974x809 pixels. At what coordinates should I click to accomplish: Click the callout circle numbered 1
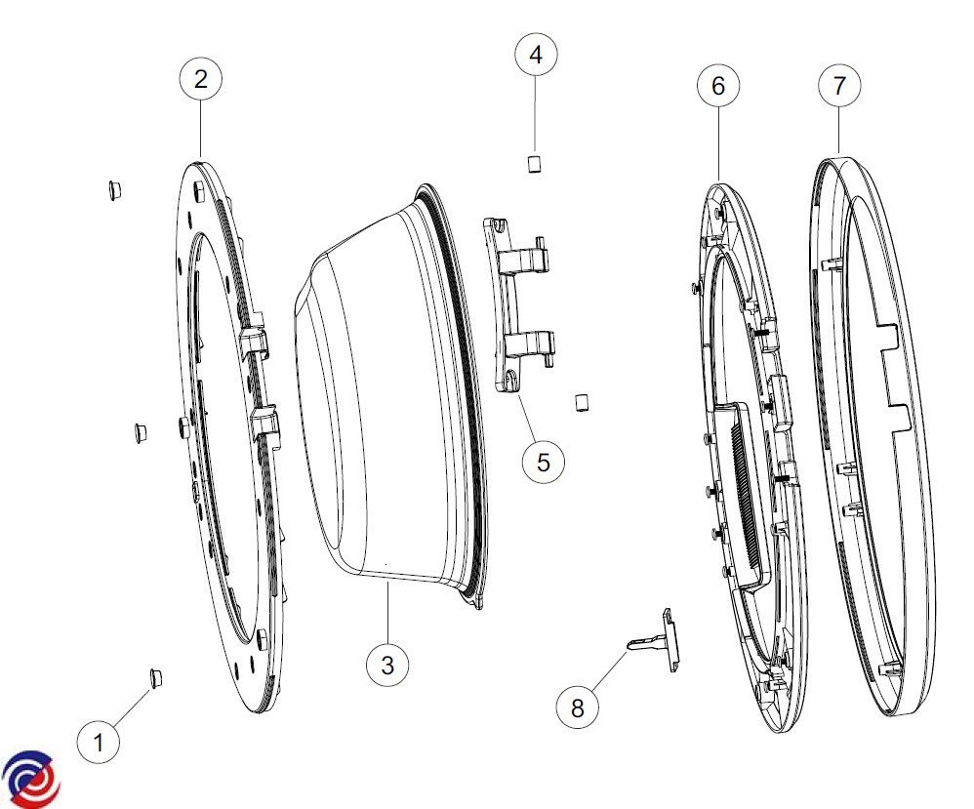(99, 742)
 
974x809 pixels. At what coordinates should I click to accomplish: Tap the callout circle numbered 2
(201, 79)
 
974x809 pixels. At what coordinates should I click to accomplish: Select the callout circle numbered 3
(387, 665)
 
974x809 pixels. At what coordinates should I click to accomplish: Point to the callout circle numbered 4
(536, 55)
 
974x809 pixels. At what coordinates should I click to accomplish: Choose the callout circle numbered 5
(544, 463)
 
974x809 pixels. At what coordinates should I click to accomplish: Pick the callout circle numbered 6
(718, 86)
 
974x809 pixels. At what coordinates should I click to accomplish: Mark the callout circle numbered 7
(839, 85)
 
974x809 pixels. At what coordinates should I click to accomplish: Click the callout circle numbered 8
(578, 708)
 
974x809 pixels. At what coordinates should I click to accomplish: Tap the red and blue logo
(30, 779)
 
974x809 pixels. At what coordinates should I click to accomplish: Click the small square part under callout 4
(534, 164)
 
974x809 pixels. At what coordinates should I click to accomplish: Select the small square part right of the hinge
(582, 402)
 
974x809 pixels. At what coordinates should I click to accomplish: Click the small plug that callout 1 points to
(156, 678)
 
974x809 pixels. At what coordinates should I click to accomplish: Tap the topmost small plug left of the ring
(113, 190)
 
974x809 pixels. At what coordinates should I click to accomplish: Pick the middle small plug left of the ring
(141, 433)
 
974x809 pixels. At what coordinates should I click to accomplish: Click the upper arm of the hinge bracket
(526, 254)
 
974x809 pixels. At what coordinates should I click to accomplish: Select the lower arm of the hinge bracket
(529, 346)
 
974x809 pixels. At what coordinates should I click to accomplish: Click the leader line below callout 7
(839, 130)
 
